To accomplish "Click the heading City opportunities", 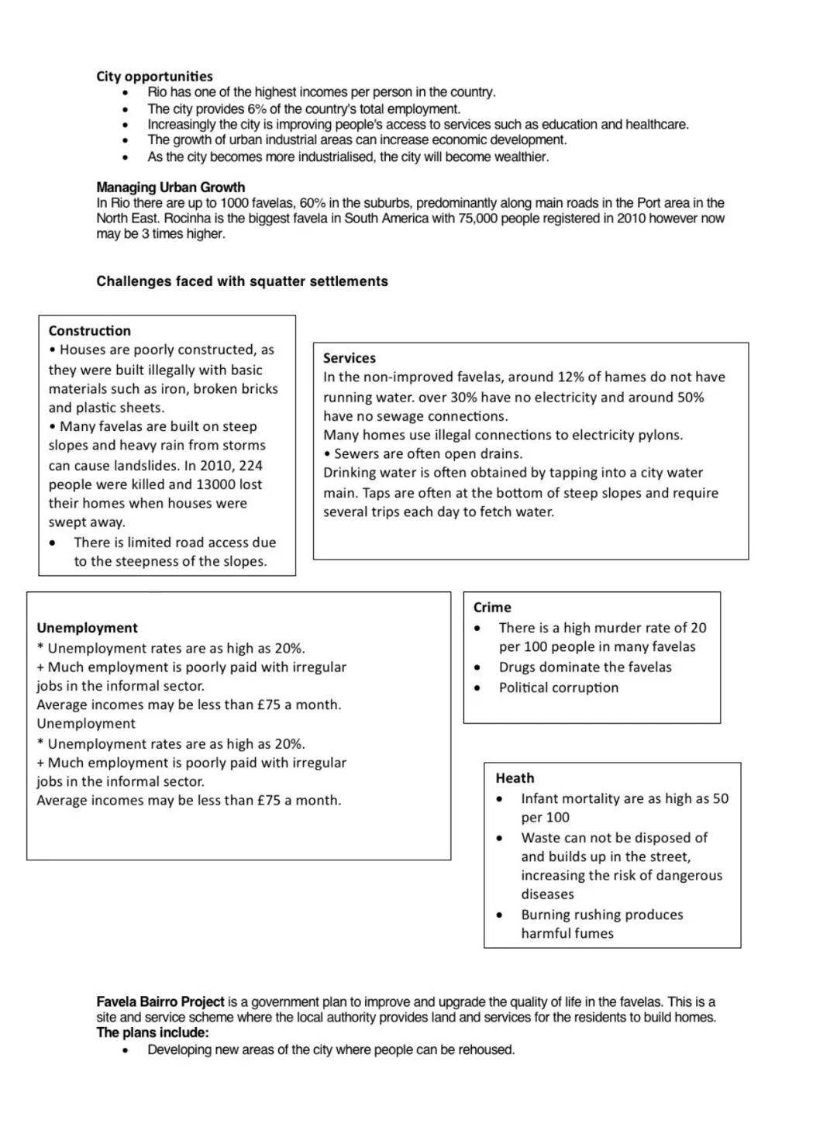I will (154, 76).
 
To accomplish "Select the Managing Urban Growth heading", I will (170, 187).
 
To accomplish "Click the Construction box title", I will (89, 331).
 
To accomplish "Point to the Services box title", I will (349, 358).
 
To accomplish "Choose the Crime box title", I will (492, 608).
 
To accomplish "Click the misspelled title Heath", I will (515, 778).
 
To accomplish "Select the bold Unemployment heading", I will (87, 628).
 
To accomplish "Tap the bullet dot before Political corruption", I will (477, 688).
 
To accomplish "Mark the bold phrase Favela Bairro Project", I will (160, 1001).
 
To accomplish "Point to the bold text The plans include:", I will (153, 1032).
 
